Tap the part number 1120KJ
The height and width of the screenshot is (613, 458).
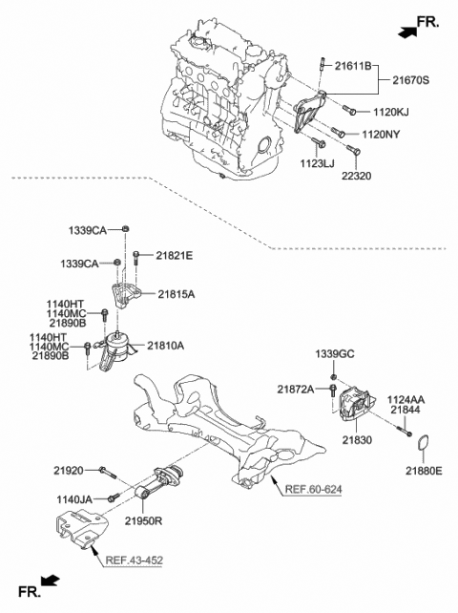390,112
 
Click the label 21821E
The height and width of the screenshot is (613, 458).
174,256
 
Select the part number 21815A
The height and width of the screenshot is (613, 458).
177,295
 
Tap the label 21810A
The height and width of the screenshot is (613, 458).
165,347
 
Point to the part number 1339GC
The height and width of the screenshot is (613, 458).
335,355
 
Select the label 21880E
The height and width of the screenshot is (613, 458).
425,471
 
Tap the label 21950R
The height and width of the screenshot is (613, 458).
145,522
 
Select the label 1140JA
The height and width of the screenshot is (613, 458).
73,498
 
